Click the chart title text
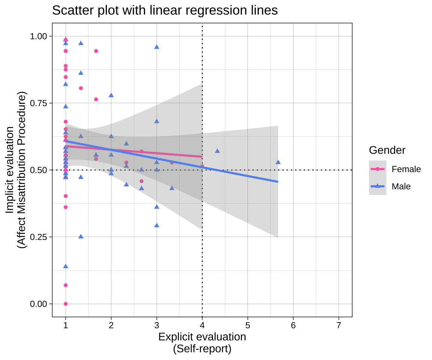[165, 10]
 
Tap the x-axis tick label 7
[339, 325]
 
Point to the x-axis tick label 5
[247, 325]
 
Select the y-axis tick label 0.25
[39, 237]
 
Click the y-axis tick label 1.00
[39, 36]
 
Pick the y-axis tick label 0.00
[39, 304]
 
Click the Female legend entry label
[406, 169]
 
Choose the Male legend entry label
[401, 186]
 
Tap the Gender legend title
[387, 150]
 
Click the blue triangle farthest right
[278, 162]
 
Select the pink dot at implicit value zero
[66, 304]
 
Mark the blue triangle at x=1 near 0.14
[66, 266]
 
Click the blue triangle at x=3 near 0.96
[157, 46]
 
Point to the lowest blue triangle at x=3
[157, 225]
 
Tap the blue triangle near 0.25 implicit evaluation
[81, 236]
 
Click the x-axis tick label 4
[202, 325]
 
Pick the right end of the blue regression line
[278, 182]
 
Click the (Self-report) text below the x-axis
[202, 349]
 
